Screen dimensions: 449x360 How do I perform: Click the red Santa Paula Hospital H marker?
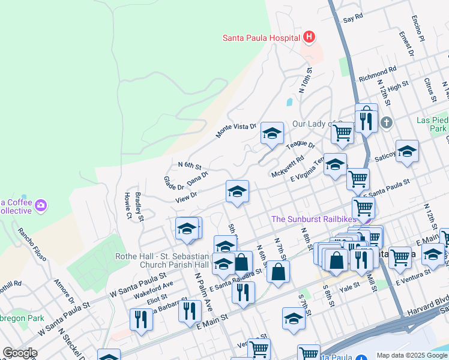[x=309, y=38]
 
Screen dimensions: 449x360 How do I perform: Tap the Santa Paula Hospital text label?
[x=261, y=38]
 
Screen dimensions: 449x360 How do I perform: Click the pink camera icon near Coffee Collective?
[x=41, y=205]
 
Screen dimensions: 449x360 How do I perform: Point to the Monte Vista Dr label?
[x=236, y=130]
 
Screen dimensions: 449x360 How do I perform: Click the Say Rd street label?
[x=354, y=19]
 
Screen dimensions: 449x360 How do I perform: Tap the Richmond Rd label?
[x=378, y=75]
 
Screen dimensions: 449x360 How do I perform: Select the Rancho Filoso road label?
[x=32, y=245]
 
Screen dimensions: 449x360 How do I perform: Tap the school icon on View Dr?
[x=237, y=192]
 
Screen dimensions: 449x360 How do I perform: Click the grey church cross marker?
[x=387, y=123]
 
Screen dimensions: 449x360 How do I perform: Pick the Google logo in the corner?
[x=20, y=353]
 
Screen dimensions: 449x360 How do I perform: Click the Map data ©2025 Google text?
[x=412, y=355]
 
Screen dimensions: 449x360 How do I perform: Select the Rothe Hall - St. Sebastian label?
[x=162, y=257]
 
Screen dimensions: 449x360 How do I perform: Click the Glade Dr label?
[x=173, y=180]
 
